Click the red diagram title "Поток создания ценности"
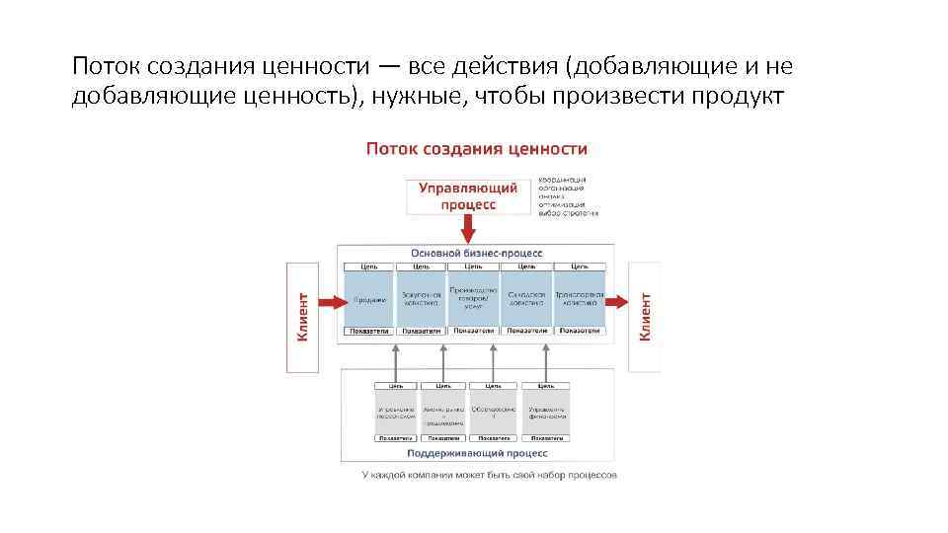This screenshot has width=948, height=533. (x=477, y=149)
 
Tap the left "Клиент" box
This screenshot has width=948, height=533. (x=302, y=316)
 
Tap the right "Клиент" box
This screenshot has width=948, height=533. (x=645, y=316)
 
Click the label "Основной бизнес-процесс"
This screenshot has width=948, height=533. (x=476, y=254)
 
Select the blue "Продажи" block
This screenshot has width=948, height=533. (x=368, y=300)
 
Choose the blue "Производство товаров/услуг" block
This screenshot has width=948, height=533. (x=474, y=300)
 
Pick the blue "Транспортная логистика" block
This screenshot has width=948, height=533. (x=579, y=300)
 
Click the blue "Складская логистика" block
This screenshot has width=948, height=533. (x=526, y=300)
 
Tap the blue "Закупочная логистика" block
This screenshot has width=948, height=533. (x=421, y=300)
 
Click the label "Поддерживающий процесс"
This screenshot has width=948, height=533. (x=476, y=453)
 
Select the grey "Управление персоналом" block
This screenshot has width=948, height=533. (x=396, y=411)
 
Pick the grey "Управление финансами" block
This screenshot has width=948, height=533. (x=546, y=411)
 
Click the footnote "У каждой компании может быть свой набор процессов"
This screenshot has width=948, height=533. (x=489, y=475)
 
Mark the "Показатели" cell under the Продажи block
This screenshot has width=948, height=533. (x=368, y=331)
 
